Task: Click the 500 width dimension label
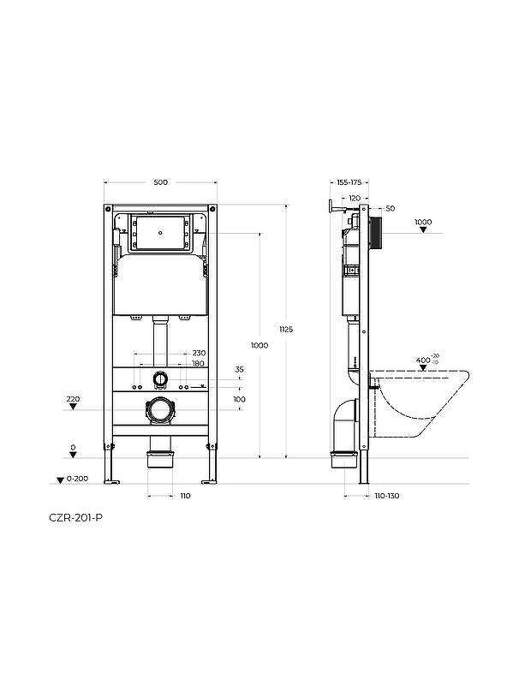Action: point(160,182)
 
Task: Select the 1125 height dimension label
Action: point(286,330)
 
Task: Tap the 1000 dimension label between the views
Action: point(259,345)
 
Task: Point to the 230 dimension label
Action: point(199,353)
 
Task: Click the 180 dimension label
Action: point(199,363)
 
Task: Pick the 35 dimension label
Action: point(239,370)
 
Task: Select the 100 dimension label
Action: point(239,399)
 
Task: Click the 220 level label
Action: point(73,399)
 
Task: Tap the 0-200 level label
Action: point(78,479)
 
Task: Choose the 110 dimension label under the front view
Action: point(185,496)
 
